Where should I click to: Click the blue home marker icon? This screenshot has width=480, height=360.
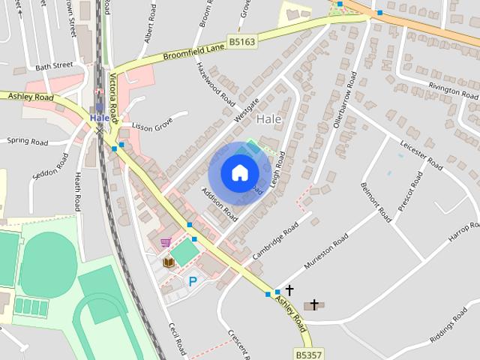tap(239, 172)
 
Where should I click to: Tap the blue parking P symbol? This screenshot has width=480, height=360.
tap(192, 282)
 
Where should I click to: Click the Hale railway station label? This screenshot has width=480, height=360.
tap(99, 118)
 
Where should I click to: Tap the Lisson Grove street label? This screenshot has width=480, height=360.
tap(152, 125)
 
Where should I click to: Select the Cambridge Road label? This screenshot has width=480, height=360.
tap(275, 241)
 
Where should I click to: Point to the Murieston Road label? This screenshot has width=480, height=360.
tap(326, 252)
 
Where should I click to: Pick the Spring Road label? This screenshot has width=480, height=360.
tap(27, 141)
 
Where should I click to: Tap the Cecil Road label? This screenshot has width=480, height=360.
tap(177, 339)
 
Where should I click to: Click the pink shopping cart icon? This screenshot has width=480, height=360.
tap(165, 243)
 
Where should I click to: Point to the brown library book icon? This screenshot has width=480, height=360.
tap(169, 262)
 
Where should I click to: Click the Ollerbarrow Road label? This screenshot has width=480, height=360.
tap(343, 102)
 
